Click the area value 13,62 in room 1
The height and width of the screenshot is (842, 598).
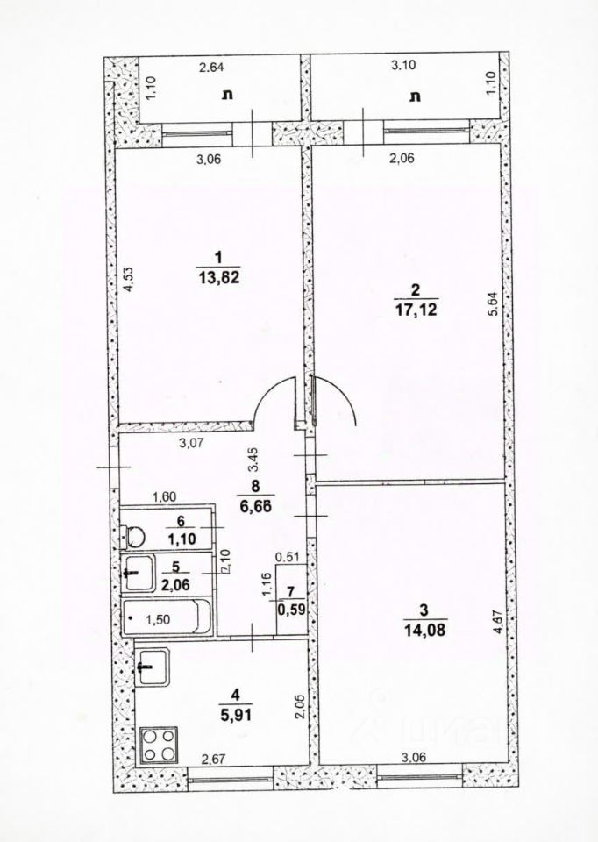pyautogui.click(x=219, y=279)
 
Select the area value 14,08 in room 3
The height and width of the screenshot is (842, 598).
pyautogui.click(x=425, y=630)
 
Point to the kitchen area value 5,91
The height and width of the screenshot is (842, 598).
pyautogui.click(x=234, y=714)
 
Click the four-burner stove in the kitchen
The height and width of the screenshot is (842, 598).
pyautogui.click(x=159, y=745)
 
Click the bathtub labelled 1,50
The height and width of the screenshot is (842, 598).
pyautogui.click(x=167, y=617)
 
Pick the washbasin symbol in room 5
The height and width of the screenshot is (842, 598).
pyautogui.click(x=138, y=573)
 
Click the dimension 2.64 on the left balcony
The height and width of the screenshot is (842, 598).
pyautogui.click(x=211, y=68)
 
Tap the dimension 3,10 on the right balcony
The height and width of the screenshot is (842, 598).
pyautogui.click(x=403, y=66)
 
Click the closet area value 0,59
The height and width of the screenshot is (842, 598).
pyautogui.click(x=290, y=610)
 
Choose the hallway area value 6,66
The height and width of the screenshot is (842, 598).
pyautogui.click(x=255, y=505)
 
